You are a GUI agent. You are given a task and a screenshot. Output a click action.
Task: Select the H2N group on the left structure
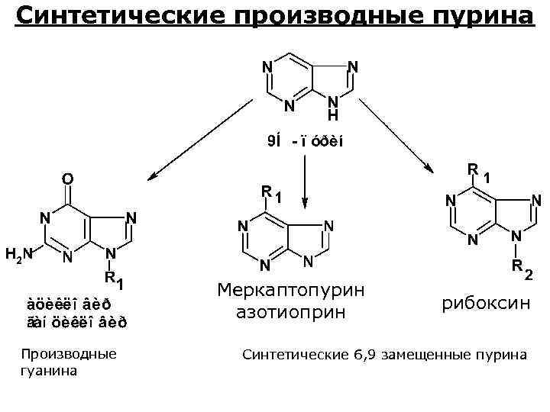tap(18, 254)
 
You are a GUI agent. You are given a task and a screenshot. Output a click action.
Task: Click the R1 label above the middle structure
tap(270, 193)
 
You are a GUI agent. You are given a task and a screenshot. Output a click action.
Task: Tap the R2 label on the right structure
tap(523, 269)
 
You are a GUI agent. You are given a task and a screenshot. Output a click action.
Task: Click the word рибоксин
tap(485, 303)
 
